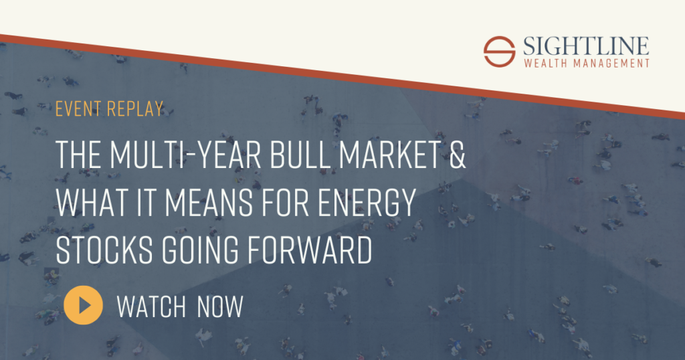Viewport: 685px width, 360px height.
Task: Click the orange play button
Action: pos(83,305)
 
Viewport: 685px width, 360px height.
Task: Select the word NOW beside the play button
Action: pos(219,306)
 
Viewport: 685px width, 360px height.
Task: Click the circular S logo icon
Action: pos(499,52)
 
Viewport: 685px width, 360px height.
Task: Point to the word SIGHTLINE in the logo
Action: pos(586,46)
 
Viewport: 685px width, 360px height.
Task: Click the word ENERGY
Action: pos(366,202)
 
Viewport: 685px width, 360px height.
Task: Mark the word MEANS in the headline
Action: pos(209,202)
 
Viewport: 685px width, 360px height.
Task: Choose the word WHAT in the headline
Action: pos(92,202)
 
